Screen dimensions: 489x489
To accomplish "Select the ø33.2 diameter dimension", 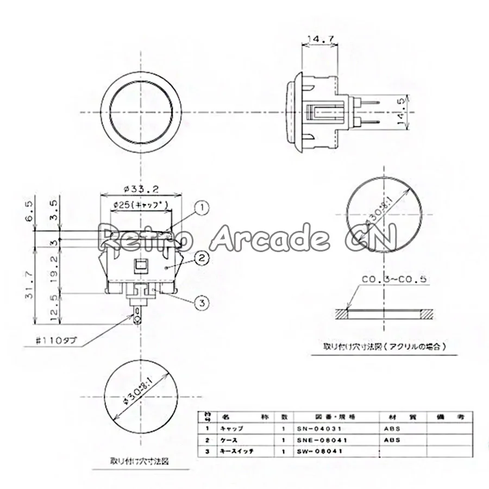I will tap(141, 189).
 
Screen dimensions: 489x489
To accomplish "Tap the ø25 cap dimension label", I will tap(141, 204).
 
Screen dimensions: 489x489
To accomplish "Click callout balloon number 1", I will tap(202, 207).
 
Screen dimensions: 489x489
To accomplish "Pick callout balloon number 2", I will tap(202, 258).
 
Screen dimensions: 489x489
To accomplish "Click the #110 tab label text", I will tap(57, 341).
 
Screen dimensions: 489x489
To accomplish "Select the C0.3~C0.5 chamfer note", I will tap(394, 280).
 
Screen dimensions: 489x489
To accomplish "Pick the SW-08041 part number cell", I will tap(318, 451).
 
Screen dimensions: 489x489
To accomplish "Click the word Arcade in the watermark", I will tap(269, 237).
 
